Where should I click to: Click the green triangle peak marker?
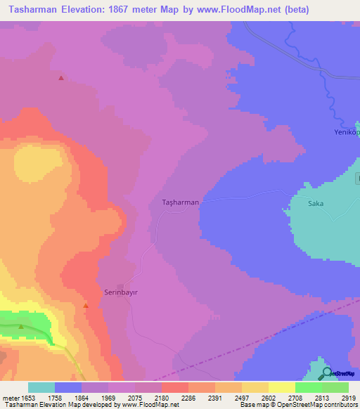click(21, 326)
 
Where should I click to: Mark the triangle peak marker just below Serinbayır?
click(86, 306)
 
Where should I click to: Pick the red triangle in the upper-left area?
click(61, 78)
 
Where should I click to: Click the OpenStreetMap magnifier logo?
click(326, 373)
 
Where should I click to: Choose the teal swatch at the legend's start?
click(41, 387)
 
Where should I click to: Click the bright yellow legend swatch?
click(281, 387)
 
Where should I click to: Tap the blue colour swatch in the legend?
click(68, 387)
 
